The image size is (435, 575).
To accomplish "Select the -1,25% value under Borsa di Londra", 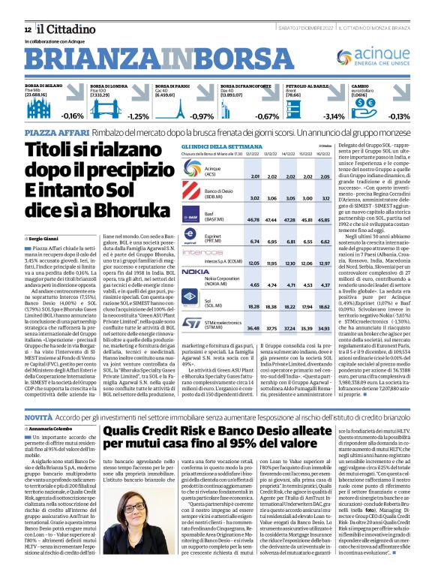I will (x=139, y=116).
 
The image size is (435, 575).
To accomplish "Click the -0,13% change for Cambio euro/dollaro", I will (x=419, y=116).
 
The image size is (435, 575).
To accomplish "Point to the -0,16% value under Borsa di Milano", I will (x=73, y=116).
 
